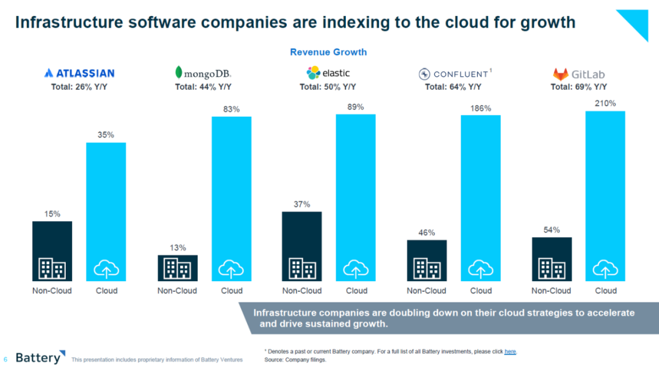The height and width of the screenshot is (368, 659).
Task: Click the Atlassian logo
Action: pos(79,73)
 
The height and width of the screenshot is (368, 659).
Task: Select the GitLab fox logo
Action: pos(560,75)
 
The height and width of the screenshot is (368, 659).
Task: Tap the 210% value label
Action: pos(605,103)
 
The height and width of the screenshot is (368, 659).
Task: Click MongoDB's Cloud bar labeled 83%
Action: pos(231,183)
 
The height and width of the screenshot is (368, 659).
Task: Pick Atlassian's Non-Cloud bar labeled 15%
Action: pos(52,241)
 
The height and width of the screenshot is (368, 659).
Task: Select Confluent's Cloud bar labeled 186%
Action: pos(481,183)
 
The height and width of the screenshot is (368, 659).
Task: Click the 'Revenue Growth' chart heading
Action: pos(328,52)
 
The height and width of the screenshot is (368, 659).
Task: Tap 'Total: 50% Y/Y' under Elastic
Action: pos(328,87)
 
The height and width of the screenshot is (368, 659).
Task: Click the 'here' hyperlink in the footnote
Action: pos(510,351)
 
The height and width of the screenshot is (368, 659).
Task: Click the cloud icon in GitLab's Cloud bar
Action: pos(605,268)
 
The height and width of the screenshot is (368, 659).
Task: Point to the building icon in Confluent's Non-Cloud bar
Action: pos(427,268)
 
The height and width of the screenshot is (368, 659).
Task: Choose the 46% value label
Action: pos(427,232)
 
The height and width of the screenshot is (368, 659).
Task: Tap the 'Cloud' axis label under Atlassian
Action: pos(107,290)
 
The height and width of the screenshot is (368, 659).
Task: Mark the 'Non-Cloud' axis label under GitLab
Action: pos(551,290)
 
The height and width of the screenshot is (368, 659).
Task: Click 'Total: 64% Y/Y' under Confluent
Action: pos(453,87)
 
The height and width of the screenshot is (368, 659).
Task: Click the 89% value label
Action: pos(356,107)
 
